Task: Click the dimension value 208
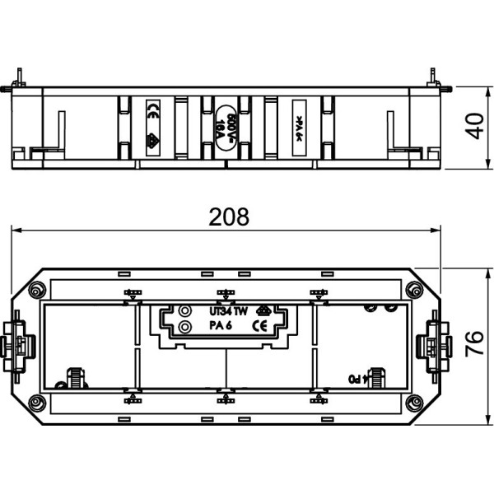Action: coord(228,217)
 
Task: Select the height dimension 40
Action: coord(473,128)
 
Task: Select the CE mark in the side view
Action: coord(153,115)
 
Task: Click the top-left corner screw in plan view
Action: coord(36,290)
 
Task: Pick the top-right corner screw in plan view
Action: coord(410,290)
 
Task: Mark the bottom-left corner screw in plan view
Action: coord(36,403)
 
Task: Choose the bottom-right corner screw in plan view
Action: coord(410,403)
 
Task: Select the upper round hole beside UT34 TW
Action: coord(185,311)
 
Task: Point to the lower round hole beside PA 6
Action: coord(185,327)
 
